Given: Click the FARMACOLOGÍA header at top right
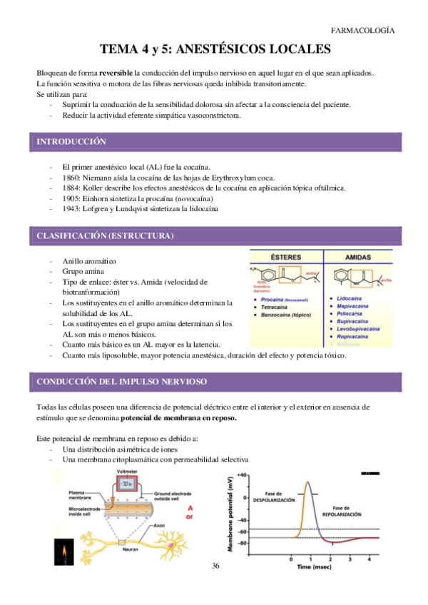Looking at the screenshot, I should tap(363, 30).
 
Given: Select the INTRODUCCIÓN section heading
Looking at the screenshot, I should tap(71, 143).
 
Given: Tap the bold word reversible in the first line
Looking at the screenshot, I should tap(116, 73).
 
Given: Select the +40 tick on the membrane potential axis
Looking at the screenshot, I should tap(242, 474).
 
